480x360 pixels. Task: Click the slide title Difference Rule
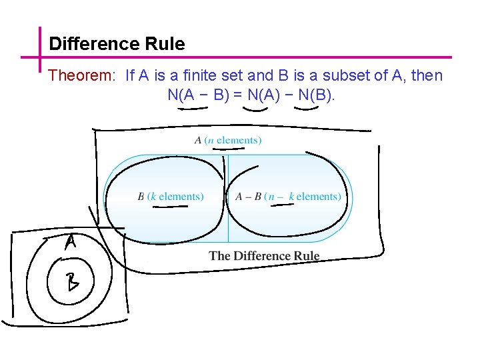click(x=117, y=44)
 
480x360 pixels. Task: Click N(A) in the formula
click(x=264, y=95)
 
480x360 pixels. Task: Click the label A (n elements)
click(x=227, y=140)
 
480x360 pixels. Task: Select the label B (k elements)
click(x=170, y=196)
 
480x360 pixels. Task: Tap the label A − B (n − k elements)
click(x=287, y=196)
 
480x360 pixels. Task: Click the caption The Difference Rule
click(x=264, y=256)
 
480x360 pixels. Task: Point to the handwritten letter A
click(x=70, y=243)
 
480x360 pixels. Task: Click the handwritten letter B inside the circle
click(x=71, y=283)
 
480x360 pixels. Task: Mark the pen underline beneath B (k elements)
click(x=169, y=207)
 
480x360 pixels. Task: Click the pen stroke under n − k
click(x=281, y=205)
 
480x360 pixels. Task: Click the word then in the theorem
click(x=427, y=75)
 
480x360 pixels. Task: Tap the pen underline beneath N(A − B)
click(x=193, y=110)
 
